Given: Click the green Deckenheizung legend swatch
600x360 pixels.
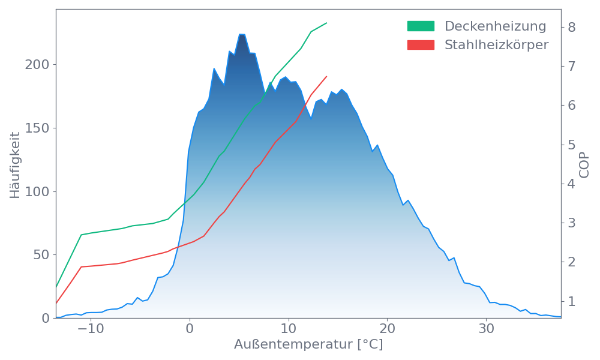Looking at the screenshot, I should click(421, 26).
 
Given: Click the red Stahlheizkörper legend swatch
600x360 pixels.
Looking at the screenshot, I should click(421, 45).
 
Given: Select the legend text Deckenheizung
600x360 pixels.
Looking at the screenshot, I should click(495, 26).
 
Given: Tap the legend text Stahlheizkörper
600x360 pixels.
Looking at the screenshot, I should click(496, 45).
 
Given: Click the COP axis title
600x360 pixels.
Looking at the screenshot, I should click(584, 164).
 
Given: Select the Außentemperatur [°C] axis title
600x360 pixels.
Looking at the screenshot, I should click(308, 345).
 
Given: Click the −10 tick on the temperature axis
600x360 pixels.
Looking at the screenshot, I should click(91, 329).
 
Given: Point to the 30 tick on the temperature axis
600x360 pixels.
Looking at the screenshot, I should click(487, 329).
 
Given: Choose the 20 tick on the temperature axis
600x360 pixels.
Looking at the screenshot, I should click(388, 329).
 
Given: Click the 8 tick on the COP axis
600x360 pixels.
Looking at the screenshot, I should click(572, 27).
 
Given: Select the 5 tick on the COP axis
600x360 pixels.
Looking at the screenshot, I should click(572, 145).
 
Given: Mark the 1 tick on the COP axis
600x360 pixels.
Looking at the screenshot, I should click(572, 301).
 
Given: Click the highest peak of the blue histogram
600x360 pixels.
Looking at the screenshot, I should click(242, 35).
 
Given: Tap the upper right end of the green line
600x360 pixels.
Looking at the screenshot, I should click(327, 23).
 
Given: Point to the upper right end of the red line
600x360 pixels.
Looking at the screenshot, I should click(327, 76).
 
